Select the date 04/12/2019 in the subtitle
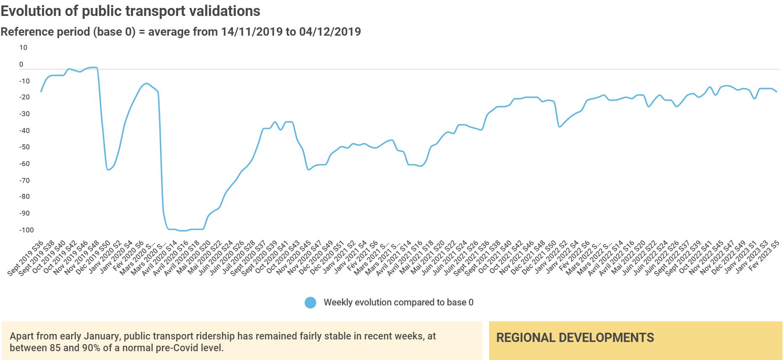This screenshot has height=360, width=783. (330, 32)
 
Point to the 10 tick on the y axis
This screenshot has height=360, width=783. (23, 48)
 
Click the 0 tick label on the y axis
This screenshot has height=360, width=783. (21, 65)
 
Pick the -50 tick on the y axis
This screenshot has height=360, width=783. (24, 147)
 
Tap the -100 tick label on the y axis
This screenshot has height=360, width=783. (26, 230)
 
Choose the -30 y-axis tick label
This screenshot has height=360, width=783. (24, 114)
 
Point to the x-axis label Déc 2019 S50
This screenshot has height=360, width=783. (93, 258)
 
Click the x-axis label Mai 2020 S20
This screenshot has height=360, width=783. (194, 258)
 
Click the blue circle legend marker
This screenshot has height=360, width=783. (310, 303)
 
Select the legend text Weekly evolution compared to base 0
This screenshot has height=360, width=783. (398, 303)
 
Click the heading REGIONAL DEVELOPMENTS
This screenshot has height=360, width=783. (575, 338)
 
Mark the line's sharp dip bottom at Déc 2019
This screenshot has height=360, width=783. (108, 170)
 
